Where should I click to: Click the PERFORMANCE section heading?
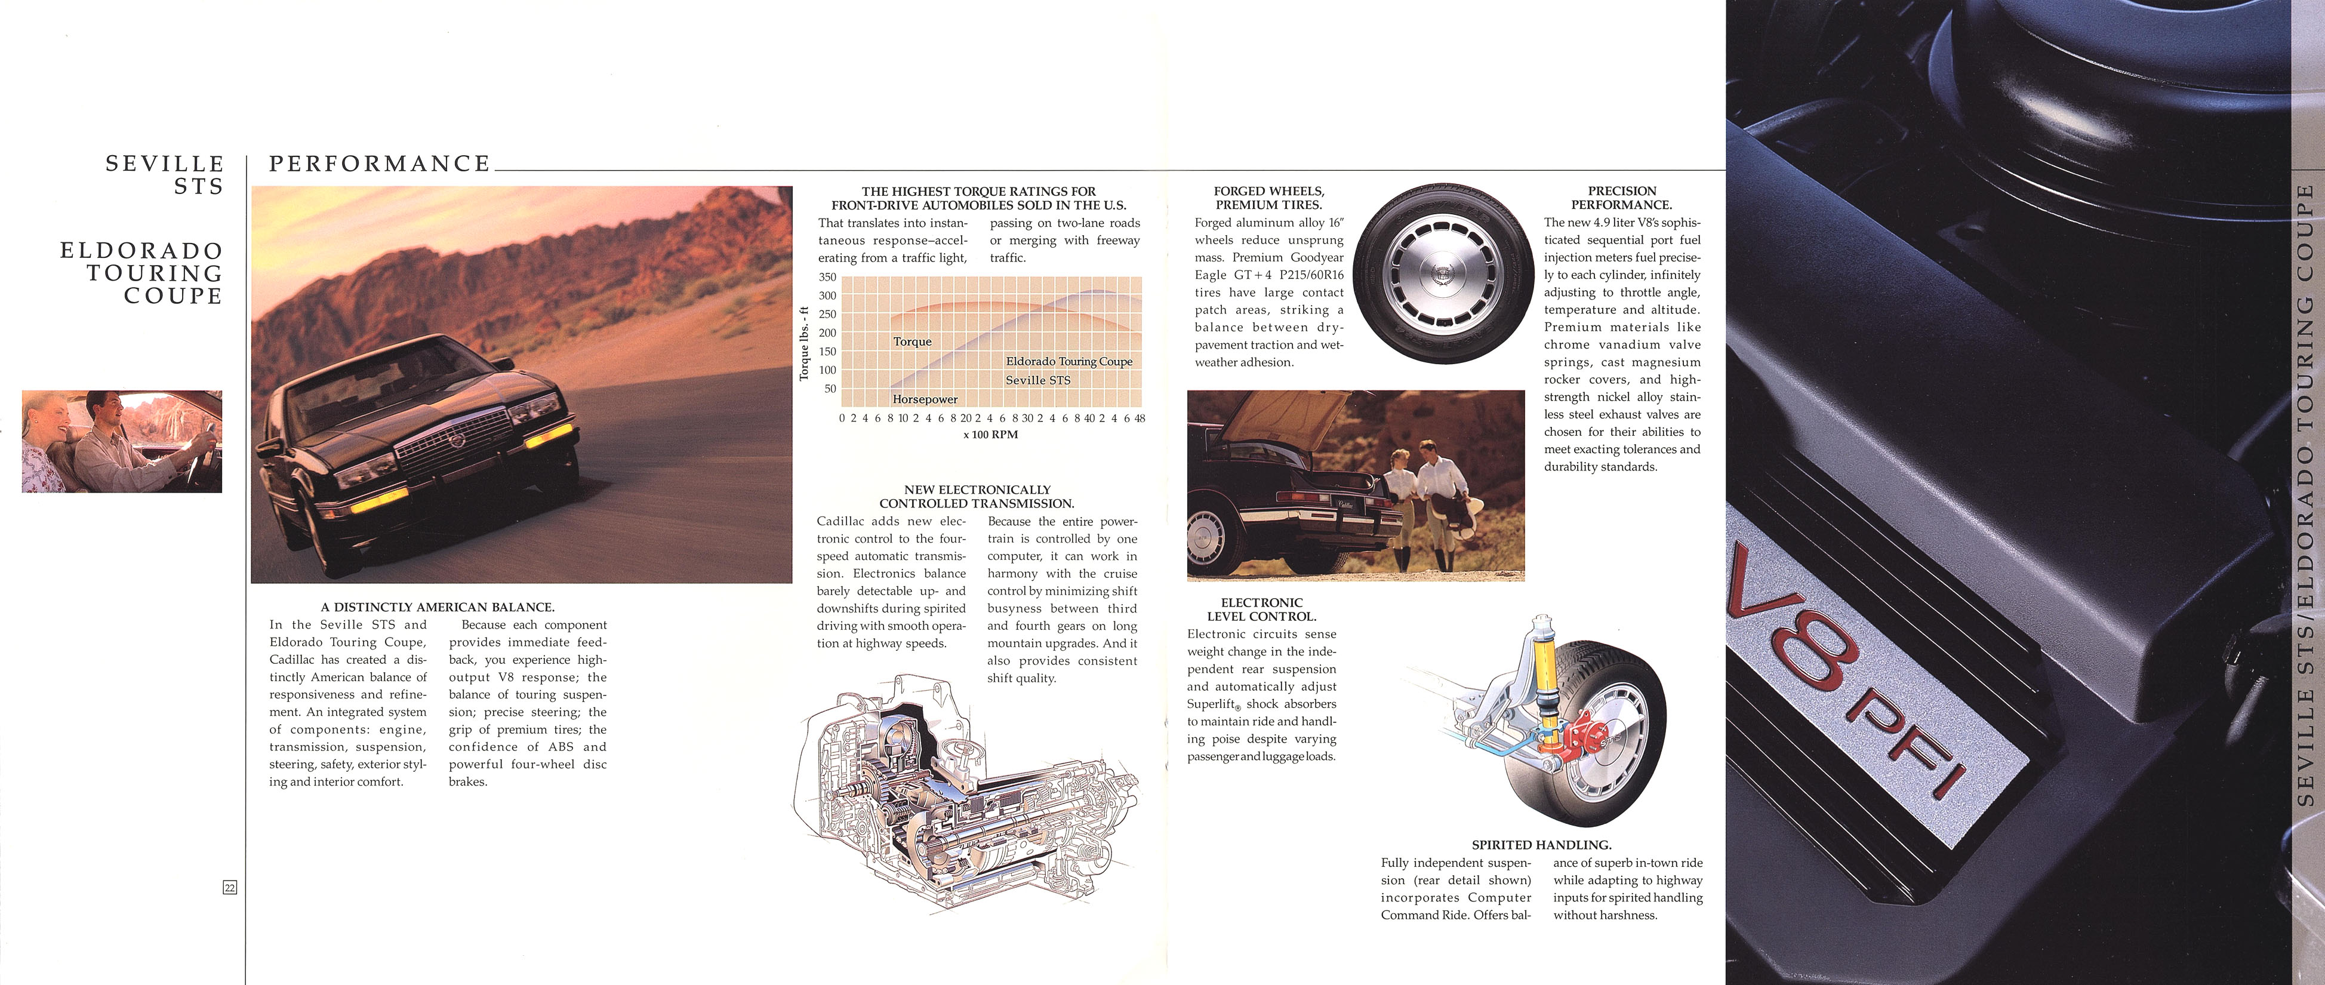click(x=379, y=164)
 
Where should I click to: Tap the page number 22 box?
click(x=230, y=888)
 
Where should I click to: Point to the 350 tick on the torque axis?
click(x=828, y=277)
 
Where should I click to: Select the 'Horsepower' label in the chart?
click(x=925, y=399)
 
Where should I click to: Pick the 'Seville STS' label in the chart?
click(x=1038, y=380)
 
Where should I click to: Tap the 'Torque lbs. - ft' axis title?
click(x=804, y=344)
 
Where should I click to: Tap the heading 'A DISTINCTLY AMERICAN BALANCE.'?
click(x=438, y=607)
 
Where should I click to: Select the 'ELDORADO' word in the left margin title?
click(x=141, y=251)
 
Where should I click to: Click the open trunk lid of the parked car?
click(x=1282, y=424)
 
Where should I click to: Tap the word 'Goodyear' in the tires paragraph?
click(x=1316, y=257)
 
